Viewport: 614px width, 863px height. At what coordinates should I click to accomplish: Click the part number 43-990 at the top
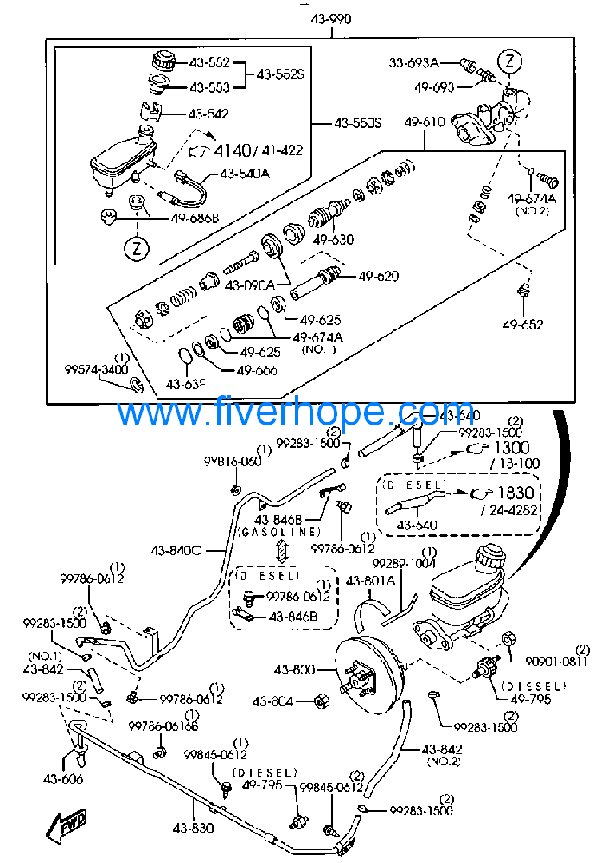(x=329, y=20)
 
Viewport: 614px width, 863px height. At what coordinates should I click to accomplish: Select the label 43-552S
(x=280, y=74)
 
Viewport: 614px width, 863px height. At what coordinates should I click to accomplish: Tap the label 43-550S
(x=357, y=124)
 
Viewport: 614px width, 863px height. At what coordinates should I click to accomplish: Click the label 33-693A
(x=413, y=62)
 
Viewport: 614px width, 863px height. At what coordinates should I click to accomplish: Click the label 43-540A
(x=244, y=173)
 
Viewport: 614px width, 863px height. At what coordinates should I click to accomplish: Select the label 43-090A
(x=249, y=284)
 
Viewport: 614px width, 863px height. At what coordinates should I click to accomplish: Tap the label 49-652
(x=524, y=325)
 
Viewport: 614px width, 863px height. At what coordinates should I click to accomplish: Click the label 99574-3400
(x=96, y=369)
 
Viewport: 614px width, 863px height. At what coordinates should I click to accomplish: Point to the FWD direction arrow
(x=66, y=828)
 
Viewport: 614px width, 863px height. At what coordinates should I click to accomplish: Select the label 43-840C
(x=176, y=549)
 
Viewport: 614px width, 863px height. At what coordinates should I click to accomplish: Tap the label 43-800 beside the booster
(x=294, y=669)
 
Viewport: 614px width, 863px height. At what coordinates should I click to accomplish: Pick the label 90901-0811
(x=557, y=662)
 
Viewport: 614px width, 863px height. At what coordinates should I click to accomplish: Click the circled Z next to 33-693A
(x=510, y=61)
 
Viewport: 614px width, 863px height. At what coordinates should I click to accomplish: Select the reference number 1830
(x=515, y=492)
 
